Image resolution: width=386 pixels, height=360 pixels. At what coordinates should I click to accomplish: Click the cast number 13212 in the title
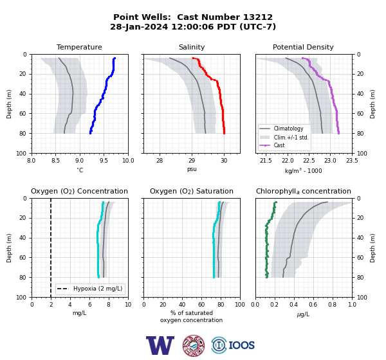point(258,17)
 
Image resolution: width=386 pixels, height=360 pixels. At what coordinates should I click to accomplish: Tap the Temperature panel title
point(79,47)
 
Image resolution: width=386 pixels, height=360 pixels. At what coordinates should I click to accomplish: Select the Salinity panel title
point(192,47)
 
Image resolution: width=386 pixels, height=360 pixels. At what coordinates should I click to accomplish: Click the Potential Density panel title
point(303,47)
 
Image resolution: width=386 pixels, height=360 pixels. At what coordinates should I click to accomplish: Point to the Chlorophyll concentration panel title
point(304,191)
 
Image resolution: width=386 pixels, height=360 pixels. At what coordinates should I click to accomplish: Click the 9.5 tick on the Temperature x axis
point(104,161)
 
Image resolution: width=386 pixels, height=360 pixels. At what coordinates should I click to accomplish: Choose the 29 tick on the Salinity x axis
point(192,161)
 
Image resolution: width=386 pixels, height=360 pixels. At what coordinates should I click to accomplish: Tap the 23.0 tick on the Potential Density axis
point(330,161)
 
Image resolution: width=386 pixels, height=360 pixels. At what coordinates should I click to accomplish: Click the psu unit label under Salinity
point(192,169)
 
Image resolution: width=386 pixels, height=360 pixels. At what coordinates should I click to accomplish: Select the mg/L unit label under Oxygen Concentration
point(79,313)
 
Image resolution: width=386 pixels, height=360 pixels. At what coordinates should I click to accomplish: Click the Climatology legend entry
point(288,129)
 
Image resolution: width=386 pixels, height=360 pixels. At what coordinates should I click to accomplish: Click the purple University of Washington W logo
point(160,345)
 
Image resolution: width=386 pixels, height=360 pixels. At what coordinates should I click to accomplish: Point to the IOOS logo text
point(241,345)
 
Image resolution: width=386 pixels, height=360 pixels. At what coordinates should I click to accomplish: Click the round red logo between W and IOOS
point(194,345)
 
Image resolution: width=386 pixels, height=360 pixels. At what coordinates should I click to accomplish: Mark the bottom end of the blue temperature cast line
point(90,133)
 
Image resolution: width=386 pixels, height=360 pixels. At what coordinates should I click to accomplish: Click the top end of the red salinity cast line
point(193,59)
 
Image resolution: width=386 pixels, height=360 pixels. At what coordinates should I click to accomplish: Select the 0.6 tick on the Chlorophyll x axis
point(313,305)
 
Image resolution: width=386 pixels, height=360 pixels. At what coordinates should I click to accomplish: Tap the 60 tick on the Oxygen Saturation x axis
point(201,305)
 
